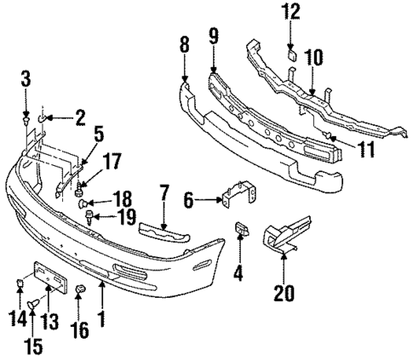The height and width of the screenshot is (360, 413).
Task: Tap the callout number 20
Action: pyautogui.click(x=284, y=295)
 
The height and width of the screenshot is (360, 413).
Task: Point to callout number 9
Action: pyautogui.click(x=213, y=38)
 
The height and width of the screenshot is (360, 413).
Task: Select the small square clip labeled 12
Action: pyautogui.click(x=290, y=54)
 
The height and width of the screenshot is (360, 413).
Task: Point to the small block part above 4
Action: pyautogui.click(x=240, y=230)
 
